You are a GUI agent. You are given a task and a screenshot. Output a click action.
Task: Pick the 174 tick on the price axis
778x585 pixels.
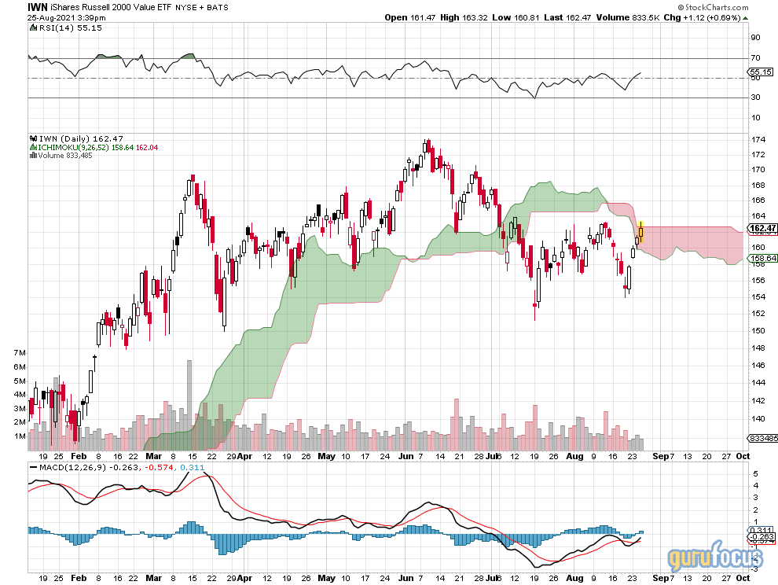pos(758,140)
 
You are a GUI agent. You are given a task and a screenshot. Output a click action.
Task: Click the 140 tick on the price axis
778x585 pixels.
pos(758,419)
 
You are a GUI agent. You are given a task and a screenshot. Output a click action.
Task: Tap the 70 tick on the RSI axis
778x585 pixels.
pos(754,57)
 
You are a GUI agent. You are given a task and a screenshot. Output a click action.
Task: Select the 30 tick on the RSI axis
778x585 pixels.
pos(754,97)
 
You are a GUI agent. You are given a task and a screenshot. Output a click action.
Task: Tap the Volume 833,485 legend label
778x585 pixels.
pos(65,155)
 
